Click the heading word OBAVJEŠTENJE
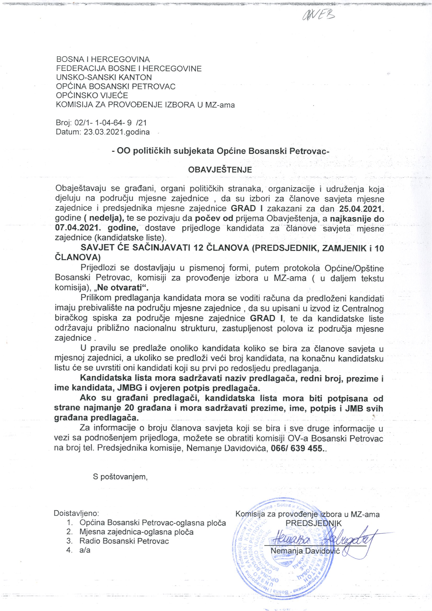[220, 170]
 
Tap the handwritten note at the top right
[318, 15]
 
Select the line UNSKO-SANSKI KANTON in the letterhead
[104, 77]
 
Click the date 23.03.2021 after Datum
[104, 132]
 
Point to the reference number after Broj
[111, 123]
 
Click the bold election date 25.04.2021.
[361, 209]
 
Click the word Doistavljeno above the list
[77, 513]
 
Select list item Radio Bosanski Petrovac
[124, 541]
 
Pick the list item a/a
[85, 550]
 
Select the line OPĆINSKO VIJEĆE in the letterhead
[92, 95]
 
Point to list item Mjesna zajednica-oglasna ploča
[136, 532]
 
